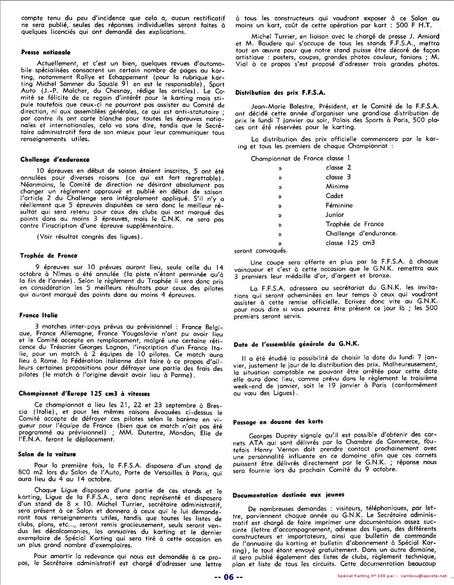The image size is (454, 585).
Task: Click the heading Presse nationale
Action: click(45, 52)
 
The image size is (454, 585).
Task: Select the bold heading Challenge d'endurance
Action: click(55, 160)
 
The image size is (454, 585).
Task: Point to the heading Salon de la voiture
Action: click(47, 454)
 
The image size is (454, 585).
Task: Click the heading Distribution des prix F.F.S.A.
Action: click(280, 93)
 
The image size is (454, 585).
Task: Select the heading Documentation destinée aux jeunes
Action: click(288, 495)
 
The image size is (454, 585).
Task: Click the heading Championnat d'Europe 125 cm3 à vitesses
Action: click(84, 394)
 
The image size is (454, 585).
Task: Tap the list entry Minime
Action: click(337, 186)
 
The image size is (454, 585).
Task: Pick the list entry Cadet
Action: click(334, 196)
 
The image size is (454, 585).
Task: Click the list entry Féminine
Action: click(339, 205)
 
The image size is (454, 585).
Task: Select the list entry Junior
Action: click(335, 214)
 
